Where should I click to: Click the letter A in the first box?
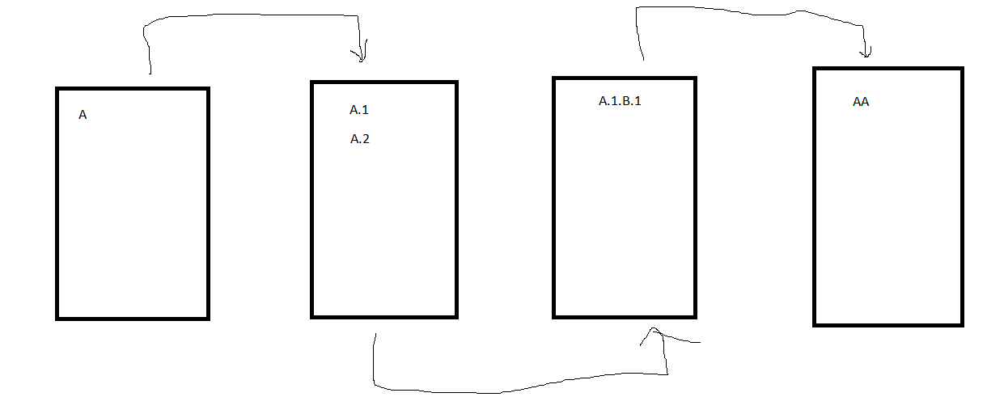(83, 115)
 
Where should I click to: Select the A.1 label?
(359, 110)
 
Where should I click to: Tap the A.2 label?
(360, 139)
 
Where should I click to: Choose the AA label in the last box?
(861, 103)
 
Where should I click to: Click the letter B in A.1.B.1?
(626, 101)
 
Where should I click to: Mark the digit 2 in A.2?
(366, 139)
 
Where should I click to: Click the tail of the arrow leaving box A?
(150, 74)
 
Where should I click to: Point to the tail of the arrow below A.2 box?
(375, 334)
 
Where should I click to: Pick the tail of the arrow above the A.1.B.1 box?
(643, 59)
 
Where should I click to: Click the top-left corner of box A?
(57, 88)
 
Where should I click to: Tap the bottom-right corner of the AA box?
(961, 324)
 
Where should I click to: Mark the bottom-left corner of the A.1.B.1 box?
(555, 316)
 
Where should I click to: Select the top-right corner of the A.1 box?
(456, 82)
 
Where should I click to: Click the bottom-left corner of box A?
(57, 318)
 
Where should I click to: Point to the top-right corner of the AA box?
(961, 69)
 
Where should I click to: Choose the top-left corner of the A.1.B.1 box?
(555, 78)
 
